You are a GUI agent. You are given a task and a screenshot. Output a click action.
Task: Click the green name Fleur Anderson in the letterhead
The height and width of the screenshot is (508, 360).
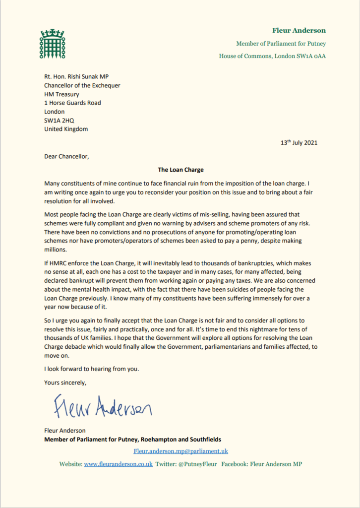pyautogui.click(x=299, y=30)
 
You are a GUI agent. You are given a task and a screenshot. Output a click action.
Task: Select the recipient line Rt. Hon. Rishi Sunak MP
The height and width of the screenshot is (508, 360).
pyautogui.click(x=81, y=76)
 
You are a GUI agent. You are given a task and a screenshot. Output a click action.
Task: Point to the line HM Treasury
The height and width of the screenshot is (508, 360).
pyautogui.click(x=61, y=94)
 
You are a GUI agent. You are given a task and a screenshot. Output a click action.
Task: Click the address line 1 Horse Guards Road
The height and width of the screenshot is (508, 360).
pyautogui.click(x=72, y=103)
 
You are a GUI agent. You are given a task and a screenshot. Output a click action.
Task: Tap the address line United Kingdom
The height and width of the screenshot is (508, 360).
pyautogui.click(x=66, y=129)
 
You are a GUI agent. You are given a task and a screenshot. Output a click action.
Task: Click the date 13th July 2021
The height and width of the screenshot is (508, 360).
pyautogui.click(x=299, y=143)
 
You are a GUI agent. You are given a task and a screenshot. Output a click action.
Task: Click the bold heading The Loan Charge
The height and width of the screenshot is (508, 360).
pyautogui.click(x=180, y=170)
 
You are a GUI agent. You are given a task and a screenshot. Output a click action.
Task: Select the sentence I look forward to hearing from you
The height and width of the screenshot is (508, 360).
pyautogui.click(x=92, y=369)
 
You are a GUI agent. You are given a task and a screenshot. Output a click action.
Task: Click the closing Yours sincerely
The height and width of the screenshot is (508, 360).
pyautogui.click(x=65, y=382)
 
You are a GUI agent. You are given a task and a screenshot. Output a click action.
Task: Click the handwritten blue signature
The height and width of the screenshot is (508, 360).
pyautogui.click(x=103, y=407)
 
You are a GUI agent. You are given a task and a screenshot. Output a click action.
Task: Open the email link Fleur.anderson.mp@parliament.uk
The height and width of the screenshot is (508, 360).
pyautogui.click(x=180, y=451)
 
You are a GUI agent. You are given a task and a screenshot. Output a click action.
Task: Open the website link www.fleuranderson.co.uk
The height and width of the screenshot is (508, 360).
pyautogui.click(x=118, y=464)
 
